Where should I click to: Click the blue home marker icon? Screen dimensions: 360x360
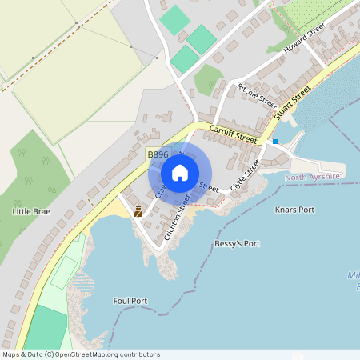[180, 173]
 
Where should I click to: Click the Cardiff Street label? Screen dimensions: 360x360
[233, 134]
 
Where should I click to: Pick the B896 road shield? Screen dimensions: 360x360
[158, 154]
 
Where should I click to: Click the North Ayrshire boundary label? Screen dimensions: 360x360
[312, 177]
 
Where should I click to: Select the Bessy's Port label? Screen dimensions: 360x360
[237, 243]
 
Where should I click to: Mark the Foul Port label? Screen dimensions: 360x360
[130, 301]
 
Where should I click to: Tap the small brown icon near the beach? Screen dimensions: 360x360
[138, 211]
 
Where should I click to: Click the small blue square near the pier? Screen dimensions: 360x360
[275, 142]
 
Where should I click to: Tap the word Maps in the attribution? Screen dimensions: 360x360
[13, 354]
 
